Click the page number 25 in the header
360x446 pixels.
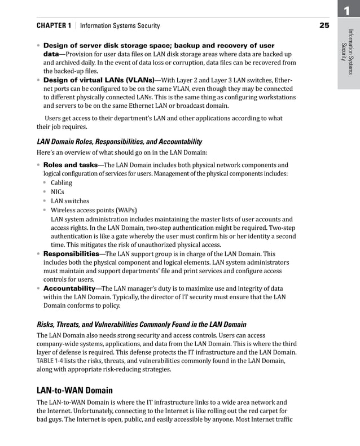[324, 25]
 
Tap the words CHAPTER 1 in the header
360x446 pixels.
[54, 26]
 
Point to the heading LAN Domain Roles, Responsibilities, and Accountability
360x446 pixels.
[119, 142]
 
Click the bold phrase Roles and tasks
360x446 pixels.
[71, 165]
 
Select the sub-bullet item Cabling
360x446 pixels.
[62, 183]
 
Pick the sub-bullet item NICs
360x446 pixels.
[58, 192]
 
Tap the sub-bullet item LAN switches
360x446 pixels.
[70, 201]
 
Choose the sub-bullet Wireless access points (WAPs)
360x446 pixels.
[94, 210]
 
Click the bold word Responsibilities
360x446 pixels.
[72, 254]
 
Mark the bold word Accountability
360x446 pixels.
[69, 288]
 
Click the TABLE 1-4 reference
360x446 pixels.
[53, 361]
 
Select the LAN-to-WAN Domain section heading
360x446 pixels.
[74, 390]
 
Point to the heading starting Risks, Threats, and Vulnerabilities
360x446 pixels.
[141, 325]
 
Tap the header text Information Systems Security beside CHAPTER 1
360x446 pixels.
[120, 26]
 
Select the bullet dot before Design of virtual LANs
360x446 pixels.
[38, 80]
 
